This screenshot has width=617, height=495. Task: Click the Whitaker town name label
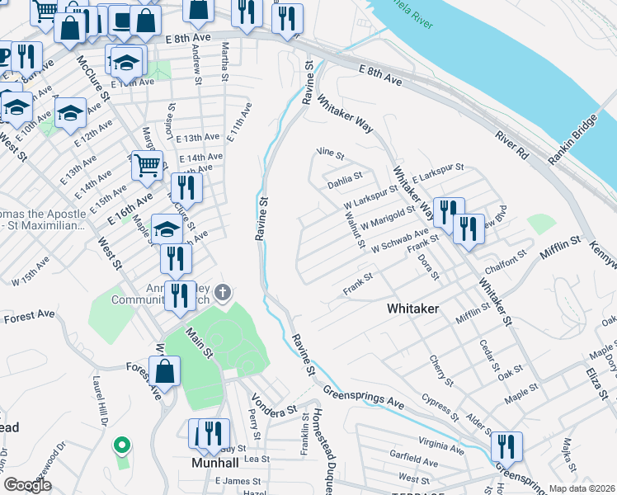click(x=412, y=308)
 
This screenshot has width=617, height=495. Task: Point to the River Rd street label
click(x=511, y=145)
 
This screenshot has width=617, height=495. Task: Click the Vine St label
click(x=330, y=153)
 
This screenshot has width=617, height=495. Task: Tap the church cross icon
click(x=222, y=292)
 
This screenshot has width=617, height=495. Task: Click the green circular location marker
click(x=122, y=446)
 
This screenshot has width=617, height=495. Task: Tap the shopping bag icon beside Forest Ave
click(x=165, y=370)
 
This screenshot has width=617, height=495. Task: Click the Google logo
click(x=27, y=485)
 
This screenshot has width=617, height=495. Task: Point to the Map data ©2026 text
click(x=581, y=488)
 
